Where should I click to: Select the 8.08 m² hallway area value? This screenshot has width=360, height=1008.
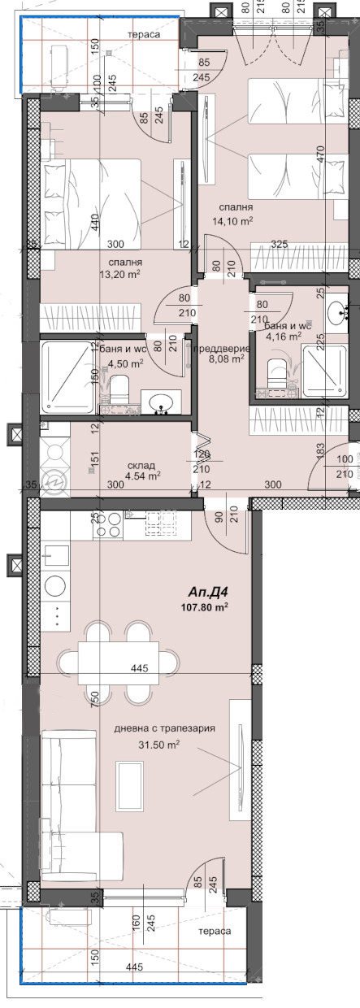(227, 358)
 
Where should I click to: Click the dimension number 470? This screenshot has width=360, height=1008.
(321, 154)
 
